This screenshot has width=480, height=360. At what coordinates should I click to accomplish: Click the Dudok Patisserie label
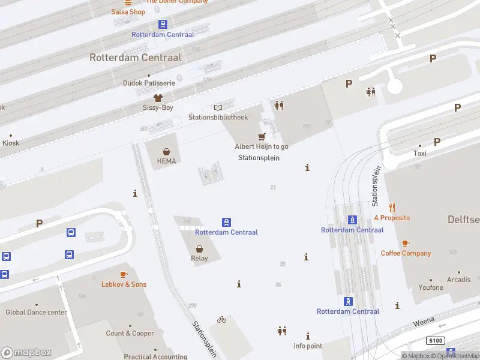pyautogui.click(x=149, y=83)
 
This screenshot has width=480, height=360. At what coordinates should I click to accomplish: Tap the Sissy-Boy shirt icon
pyautogui.click(x=158, y=97)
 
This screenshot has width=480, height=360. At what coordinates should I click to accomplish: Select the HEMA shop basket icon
pyautogui.click(x=166, y=151)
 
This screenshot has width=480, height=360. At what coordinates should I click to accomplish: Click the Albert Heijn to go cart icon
pyautogui.click(x=262, y=137)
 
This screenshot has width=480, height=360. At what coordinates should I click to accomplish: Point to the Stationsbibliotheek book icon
pyautogui.click(x=218, y=107)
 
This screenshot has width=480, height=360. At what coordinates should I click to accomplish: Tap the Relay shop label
pyautogui.click(x=199, y=259)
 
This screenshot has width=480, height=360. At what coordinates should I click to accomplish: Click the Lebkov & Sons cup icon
pyautogui.click(x=124, y=274)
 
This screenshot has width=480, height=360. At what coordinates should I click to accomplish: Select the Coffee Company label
pyautogui.click(x=406, y=253)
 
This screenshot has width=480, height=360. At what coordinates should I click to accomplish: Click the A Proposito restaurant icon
pyautogui.click(x=392, y=208)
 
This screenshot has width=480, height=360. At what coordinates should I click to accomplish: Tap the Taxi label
pyautogui.click(x=419, y=154)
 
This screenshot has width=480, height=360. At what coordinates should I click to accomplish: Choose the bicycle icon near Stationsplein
pyautogui.click(x=221, y=320)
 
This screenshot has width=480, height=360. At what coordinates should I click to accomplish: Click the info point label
pyautogui.click(x=308, y=346)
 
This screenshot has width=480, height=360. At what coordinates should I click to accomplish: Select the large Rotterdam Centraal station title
pyautogui.click(x=135, y=58)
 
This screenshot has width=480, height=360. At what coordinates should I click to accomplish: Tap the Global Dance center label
pyautogui.click(x=37, y=313)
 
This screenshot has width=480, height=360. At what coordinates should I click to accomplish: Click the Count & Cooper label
pyautogui.click(x=130, y=334)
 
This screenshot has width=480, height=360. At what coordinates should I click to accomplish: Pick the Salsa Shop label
pyautogui.click(x=128, y=12)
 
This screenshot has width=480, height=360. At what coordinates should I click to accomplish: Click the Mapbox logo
pyautogui.click(x=26, y=353)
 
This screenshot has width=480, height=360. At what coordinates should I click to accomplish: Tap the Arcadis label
pyautogui.click(x=458, y=280)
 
